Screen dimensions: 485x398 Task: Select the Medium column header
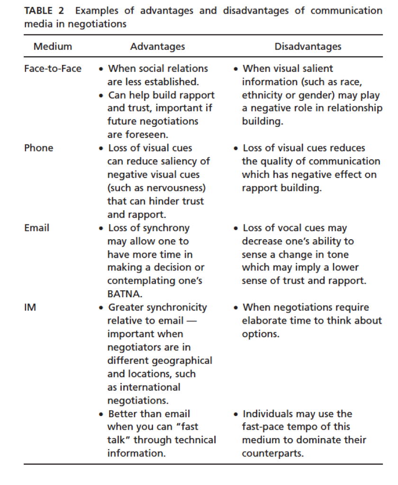53,47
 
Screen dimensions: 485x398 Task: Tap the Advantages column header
157,47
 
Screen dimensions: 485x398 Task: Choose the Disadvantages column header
308,47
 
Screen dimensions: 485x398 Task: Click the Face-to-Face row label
52,69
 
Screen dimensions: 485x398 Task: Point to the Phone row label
38,148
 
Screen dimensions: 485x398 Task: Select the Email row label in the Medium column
36,228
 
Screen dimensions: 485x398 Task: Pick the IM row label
30,307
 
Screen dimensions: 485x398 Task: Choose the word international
150,387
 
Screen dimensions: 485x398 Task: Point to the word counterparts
272,453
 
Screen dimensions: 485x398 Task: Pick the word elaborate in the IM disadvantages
263,321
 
